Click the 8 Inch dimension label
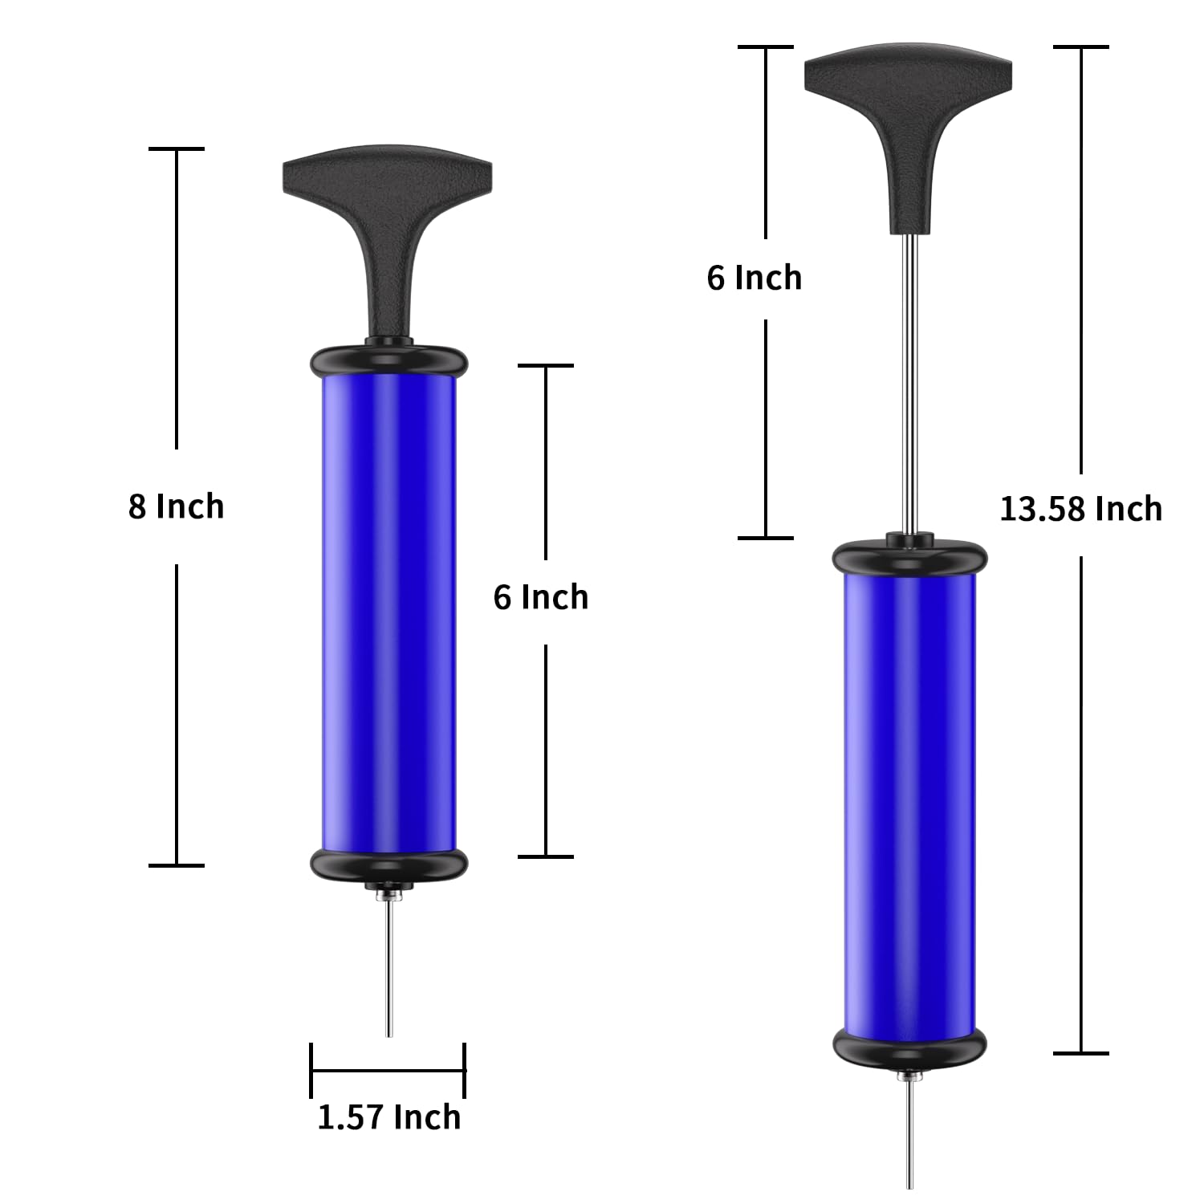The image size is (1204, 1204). pos(176,506)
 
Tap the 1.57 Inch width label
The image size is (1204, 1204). pos(389,1117)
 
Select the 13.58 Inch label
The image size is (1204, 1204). pos(1080,509)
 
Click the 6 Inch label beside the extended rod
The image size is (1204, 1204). pos(754,278)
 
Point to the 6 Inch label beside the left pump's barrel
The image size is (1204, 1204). pos(540,597)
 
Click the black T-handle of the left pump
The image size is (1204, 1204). pos(387,201)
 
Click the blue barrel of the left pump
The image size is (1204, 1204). pos(388,610)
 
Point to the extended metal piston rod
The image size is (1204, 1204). pos(909,385)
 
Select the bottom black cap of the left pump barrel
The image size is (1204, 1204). pos(388,864)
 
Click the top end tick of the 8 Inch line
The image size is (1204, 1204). pos(177,148)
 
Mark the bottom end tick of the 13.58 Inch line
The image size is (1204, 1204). pos(1081,1052)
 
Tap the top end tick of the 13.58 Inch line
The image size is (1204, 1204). pos(1081,47)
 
